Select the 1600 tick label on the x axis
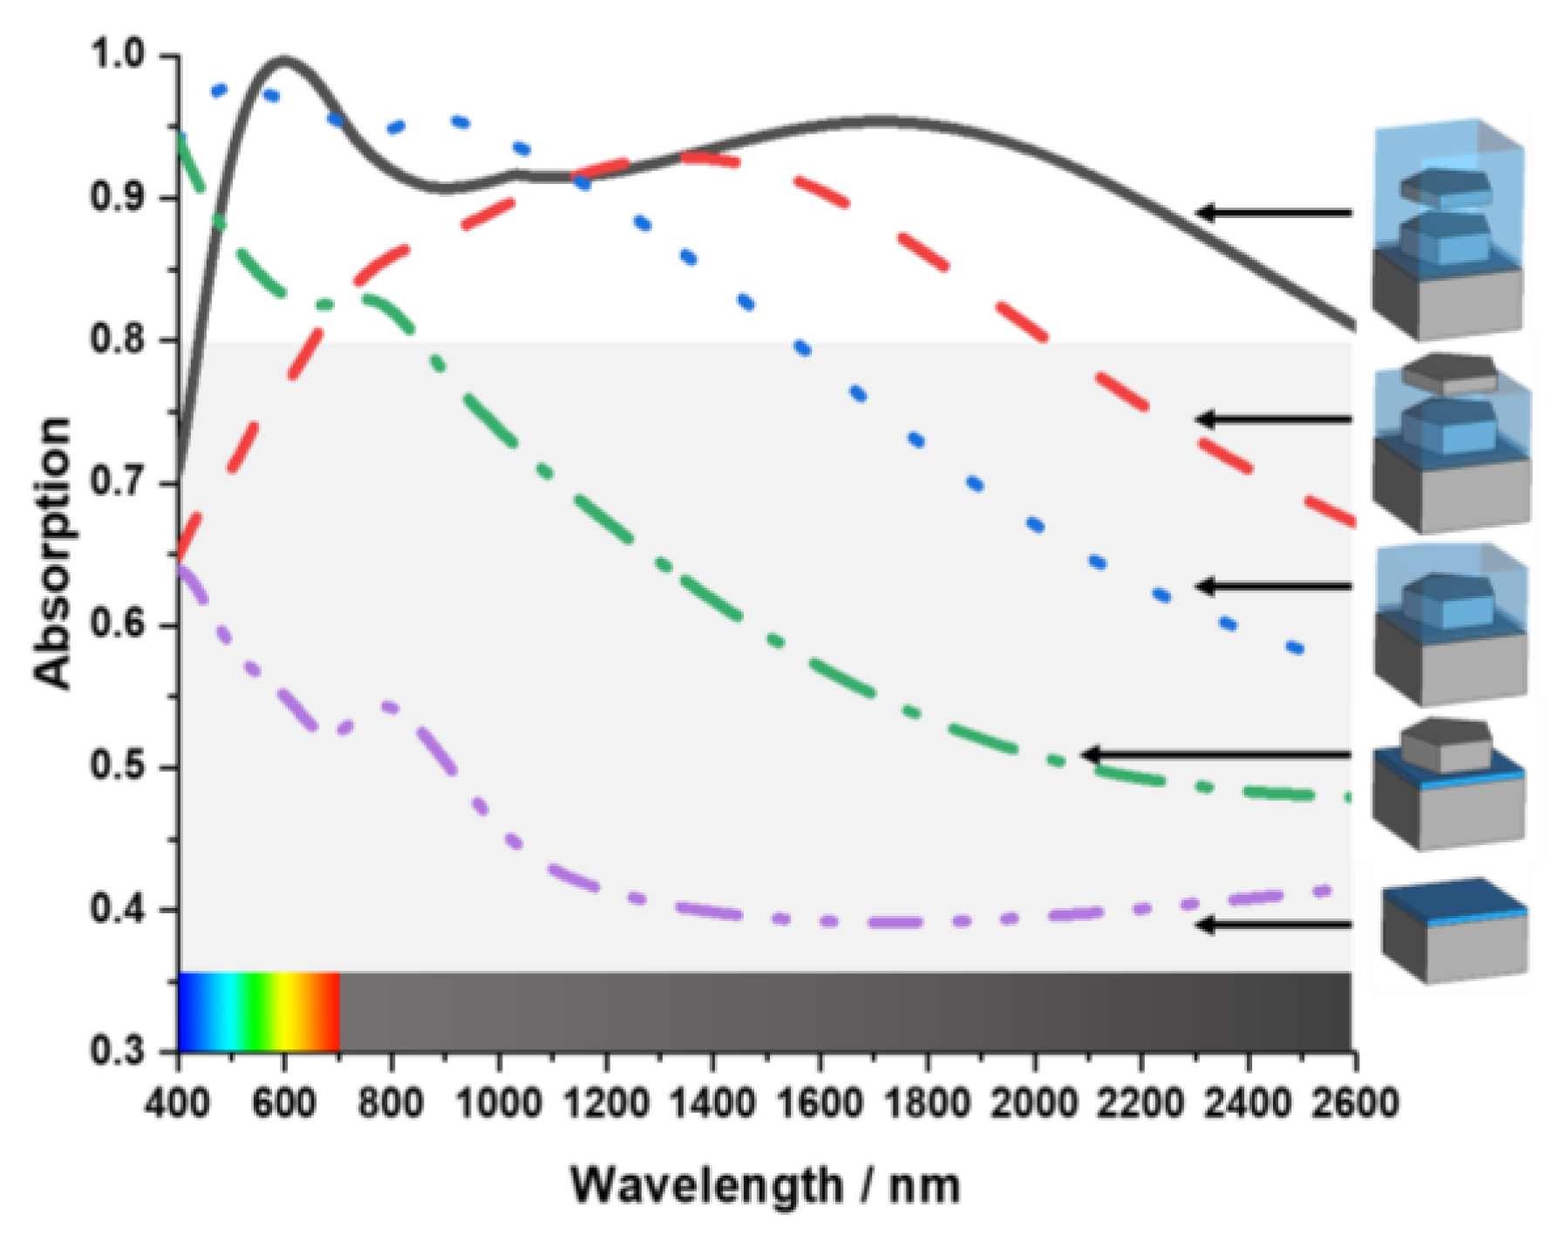(x=820, y=1104)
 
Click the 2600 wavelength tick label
(x=1354, y=1104)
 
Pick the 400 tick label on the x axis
(x=178, y=1104)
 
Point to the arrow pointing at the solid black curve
(x=1273, y=213)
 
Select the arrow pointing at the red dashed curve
(x=1273, y=420)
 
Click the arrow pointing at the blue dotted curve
(x=1273, y=587)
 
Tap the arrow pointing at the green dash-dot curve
(x=1216, y=755)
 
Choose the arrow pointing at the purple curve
(x=1273, y=925)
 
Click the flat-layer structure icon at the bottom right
(x=1454, y=930)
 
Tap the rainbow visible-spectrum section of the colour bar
(x=259, y=1012)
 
